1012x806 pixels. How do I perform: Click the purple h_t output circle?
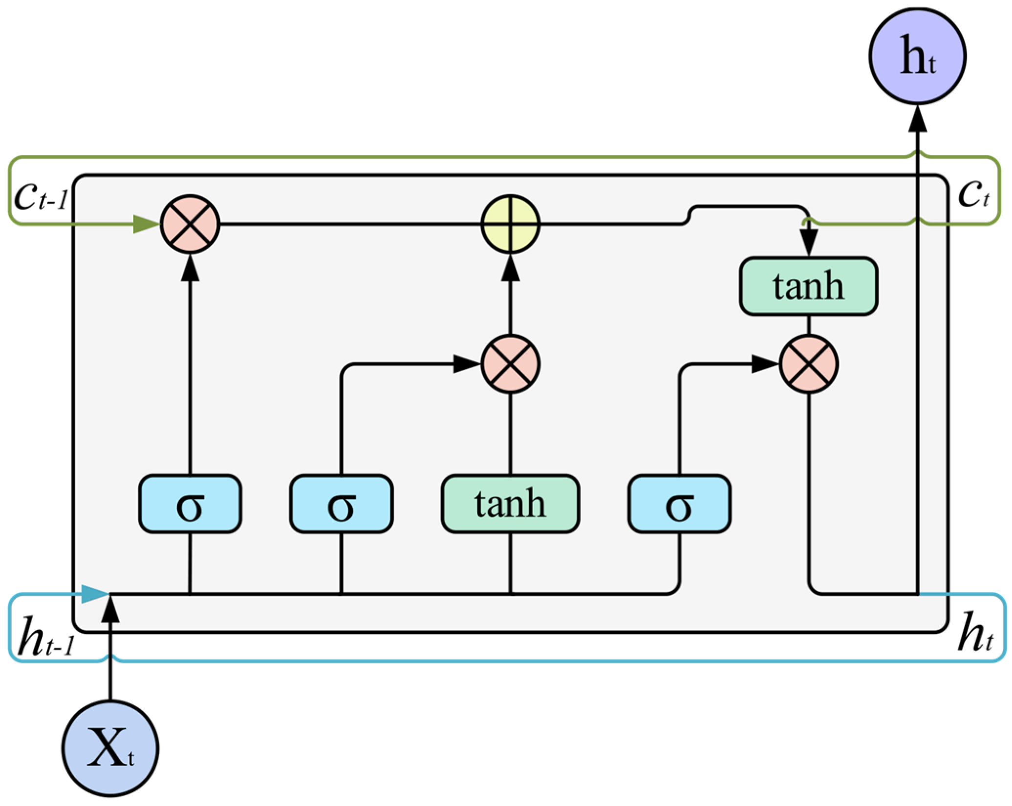coord(917,56)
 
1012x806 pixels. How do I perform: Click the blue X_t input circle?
coord(110,748)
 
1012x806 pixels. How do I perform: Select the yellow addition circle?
coord(511,224)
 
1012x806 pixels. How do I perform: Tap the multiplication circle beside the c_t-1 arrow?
coord(191,224)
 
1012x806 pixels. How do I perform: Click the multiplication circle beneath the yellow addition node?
coord(511,364)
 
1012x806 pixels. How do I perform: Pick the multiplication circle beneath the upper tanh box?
coord(809,364)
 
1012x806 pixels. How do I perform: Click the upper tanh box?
coord(809,286)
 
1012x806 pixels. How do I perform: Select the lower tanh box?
coord(511,504)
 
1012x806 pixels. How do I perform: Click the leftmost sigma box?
coord(190,504)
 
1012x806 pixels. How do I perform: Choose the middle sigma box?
coord(341,504)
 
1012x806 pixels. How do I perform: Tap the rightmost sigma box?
coord(679,504)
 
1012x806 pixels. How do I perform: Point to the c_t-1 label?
coord(40,196)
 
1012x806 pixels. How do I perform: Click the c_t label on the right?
coord(973,193)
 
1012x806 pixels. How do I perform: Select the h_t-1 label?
coord(45,636)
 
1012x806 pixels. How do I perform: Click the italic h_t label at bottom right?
coord(975,633)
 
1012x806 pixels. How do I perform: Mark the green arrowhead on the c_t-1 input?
coord(146,224)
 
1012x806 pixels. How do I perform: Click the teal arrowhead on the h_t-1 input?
coord(94,594)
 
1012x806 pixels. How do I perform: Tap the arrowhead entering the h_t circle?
coord(917,119)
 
